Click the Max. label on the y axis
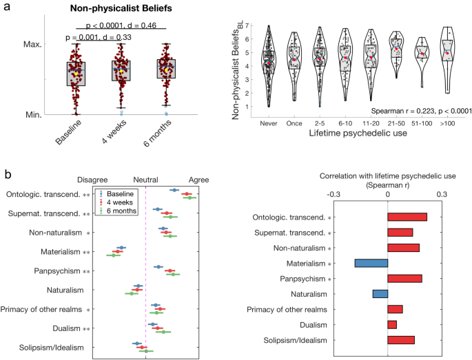[x=34, y=45]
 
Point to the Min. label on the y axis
[x=34, y=113]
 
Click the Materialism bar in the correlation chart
[x=371, y=263]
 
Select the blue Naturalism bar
[x=380, y=293]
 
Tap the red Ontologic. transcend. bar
[x=407, y=217]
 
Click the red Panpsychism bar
[x=404, y=278]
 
